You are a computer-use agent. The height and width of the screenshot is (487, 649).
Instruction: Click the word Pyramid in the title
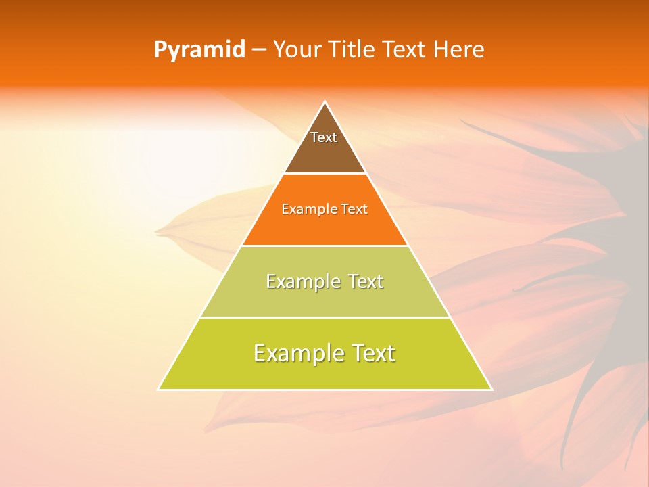(x=199, y=50)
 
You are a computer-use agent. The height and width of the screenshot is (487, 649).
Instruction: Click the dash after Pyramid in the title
(x=258, y=51)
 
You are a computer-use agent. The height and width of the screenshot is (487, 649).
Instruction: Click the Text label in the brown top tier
(x=324, y=137)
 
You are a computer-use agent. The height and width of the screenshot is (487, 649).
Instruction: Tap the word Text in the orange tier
(x=355, y=210)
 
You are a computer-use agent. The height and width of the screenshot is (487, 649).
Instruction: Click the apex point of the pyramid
(x=325, y=102)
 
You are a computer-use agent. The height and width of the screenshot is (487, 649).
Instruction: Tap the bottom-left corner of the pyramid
(x=158, y=390)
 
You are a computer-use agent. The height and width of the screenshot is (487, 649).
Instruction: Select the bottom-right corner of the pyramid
(x=491, y=390)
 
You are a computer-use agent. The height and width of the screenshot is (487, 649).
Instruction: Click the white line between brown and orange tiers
(x=325, y=174)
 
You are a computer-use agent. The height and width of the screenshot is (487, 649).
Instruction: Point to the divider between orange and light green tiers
(x=325, y=246)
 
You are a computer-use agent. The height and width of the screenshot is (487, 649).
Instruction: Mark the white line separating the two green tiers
(x=325, y=317)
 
